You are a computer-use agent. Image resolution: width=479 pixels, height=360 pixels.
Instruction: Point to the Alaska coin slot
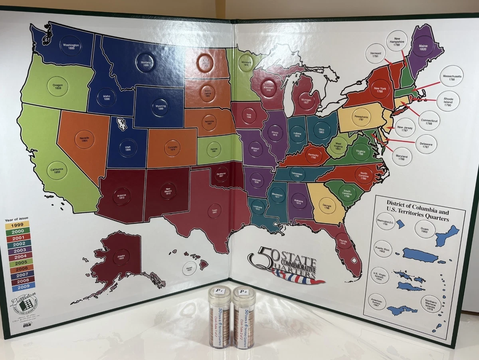[121, 257]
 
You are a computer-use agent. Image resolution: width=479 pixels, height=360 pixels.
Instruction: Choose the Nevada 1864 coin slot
[84, 140]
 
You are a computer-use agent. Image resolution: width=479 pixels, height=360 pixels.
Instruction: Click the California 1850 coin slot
[56, 170]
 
